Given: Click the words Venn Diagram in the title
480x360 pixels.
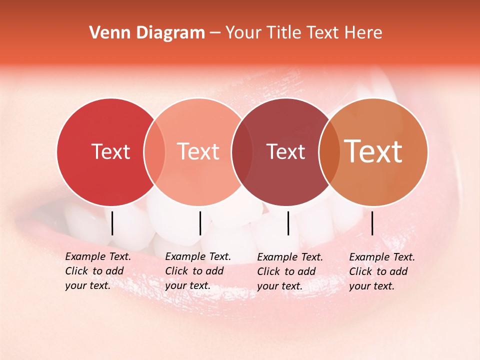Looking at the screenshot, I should coord(147,33).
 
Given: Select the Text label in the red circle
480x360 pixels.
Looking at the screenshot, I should coord(110,151).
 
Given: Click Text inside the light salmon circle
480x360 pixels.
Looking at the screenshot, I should coord(198,151).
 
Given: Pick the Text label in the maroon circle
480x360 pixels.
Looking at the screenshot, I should coord(285,151).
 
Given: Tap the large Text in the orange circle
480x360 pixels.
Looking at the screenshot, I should coord(373,151).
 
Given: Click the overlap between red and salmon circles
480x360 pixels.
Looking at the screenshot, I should coord(154,152).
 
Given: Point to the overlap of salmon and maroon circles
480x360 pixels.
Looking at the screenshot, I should coord(241,152).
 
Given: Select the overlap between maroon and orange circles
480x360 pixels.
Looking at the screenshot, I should coord(329,152).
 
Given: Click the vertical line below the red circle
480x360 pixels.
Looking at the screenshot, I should coord(112,223).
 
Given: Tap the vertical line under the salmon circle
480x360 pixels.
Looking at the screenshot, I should coord(200,223).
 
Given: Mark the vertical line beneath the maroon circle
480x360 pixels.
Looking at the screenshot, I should coord(288,223).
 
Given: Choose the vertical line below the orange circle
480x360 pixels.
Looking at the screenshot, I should coord(372,223).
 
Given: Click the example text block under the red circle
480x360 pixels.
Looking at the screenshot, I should coord(98,271).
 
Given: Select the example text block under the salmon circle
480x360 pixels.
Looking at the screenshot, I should coord(198,271).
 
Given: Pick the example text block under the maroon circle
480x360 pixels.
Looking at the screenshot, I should coord(290,271).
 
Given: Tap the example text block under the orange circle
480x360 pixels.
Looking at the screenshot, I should coord(382,271).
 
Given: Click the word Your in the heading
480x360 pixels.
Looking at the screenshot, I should coord(243,33).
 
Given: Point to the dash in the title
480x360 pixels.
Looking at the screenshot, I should coord(215,33).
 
